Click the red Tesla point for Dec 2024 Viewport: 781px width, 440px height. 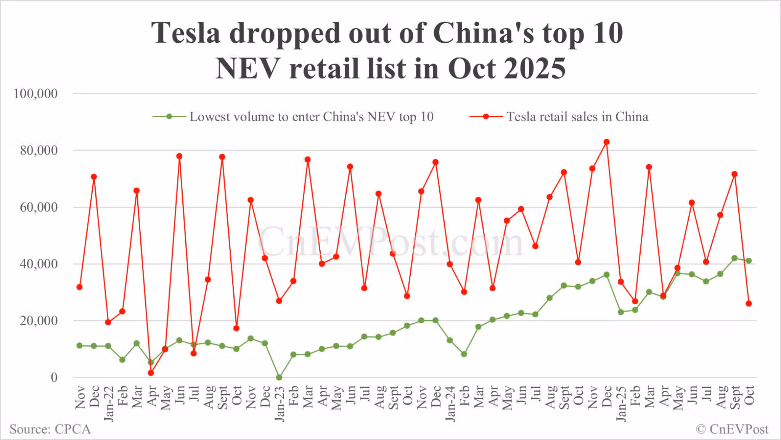pos(606,142)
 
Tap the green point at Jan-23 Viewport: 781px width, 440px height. pos(279,377)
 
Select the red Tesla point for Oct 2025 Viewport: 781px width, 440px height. pos(749,304)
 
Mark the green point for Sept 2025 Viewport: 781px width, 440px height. pos(734,258)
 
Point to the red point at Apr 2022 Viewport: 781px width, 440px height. pos(151,373)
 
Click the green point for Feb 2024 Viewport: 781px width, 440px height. pos(464,354)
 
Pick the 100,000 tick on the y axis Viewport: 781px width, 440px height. pos(35,93)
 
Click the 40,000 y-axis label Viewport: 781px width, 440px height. pos(39,264)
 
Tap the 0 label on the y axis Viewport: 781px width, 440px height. pos(54,377)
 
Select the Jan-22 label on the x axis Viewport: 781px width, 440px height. pos(109,403)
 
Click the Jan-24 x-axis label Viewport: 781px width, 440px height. pos(450,403)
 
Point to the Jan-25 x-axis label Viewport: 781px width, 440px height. pos(621,403)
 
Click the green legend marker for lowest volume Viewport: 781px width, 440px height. pos(169,117)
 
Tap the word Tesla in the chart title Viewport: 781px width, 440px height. pos(186,33)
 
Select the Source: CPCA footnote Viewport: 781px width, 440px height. pos(50,429)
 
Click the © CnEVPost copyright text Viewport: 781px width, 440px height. pos(732,429)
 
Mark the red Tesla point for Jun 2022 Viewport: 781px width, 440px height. pos(179,156)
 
